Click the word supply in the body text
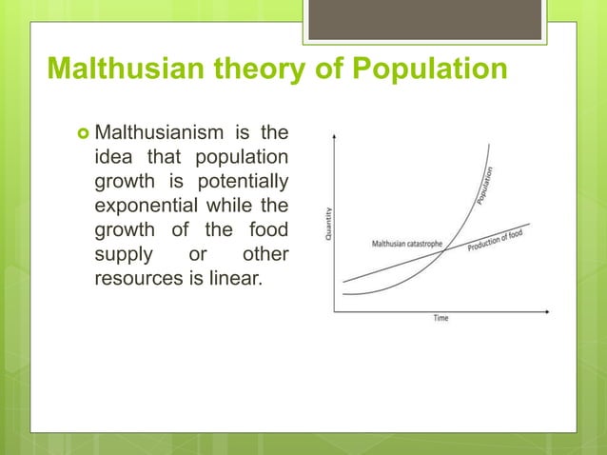pos(121,256)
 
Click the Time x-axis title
pos(441,318)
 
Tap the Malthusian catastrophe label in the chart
pos(407,245)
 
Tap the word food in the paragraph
pos(271,231)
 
